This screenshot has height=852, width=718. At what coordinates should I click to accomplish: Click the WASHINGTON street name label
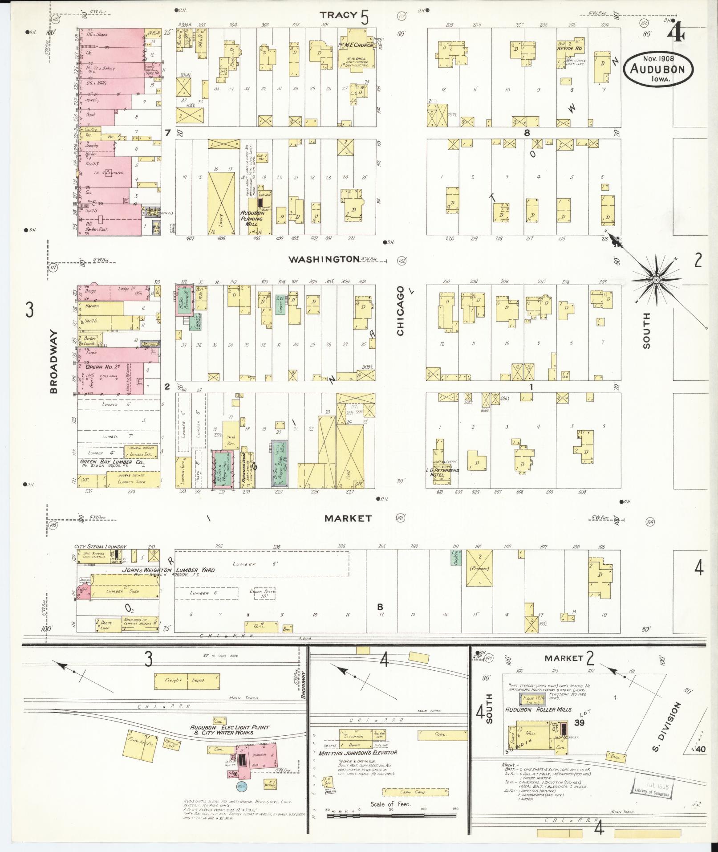pos(324,259)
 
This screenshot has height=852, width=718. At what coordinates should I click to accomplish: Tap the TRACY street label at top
pos(339,15)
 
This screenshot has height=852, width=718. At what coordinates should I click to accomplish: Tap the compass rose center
pos(656,279)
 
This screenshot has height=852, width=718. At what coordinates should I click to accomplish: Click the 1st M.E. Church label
pos(357,45)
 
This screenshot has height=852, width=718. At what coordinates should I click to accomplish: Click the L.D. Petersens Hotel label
pos(445,472)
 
